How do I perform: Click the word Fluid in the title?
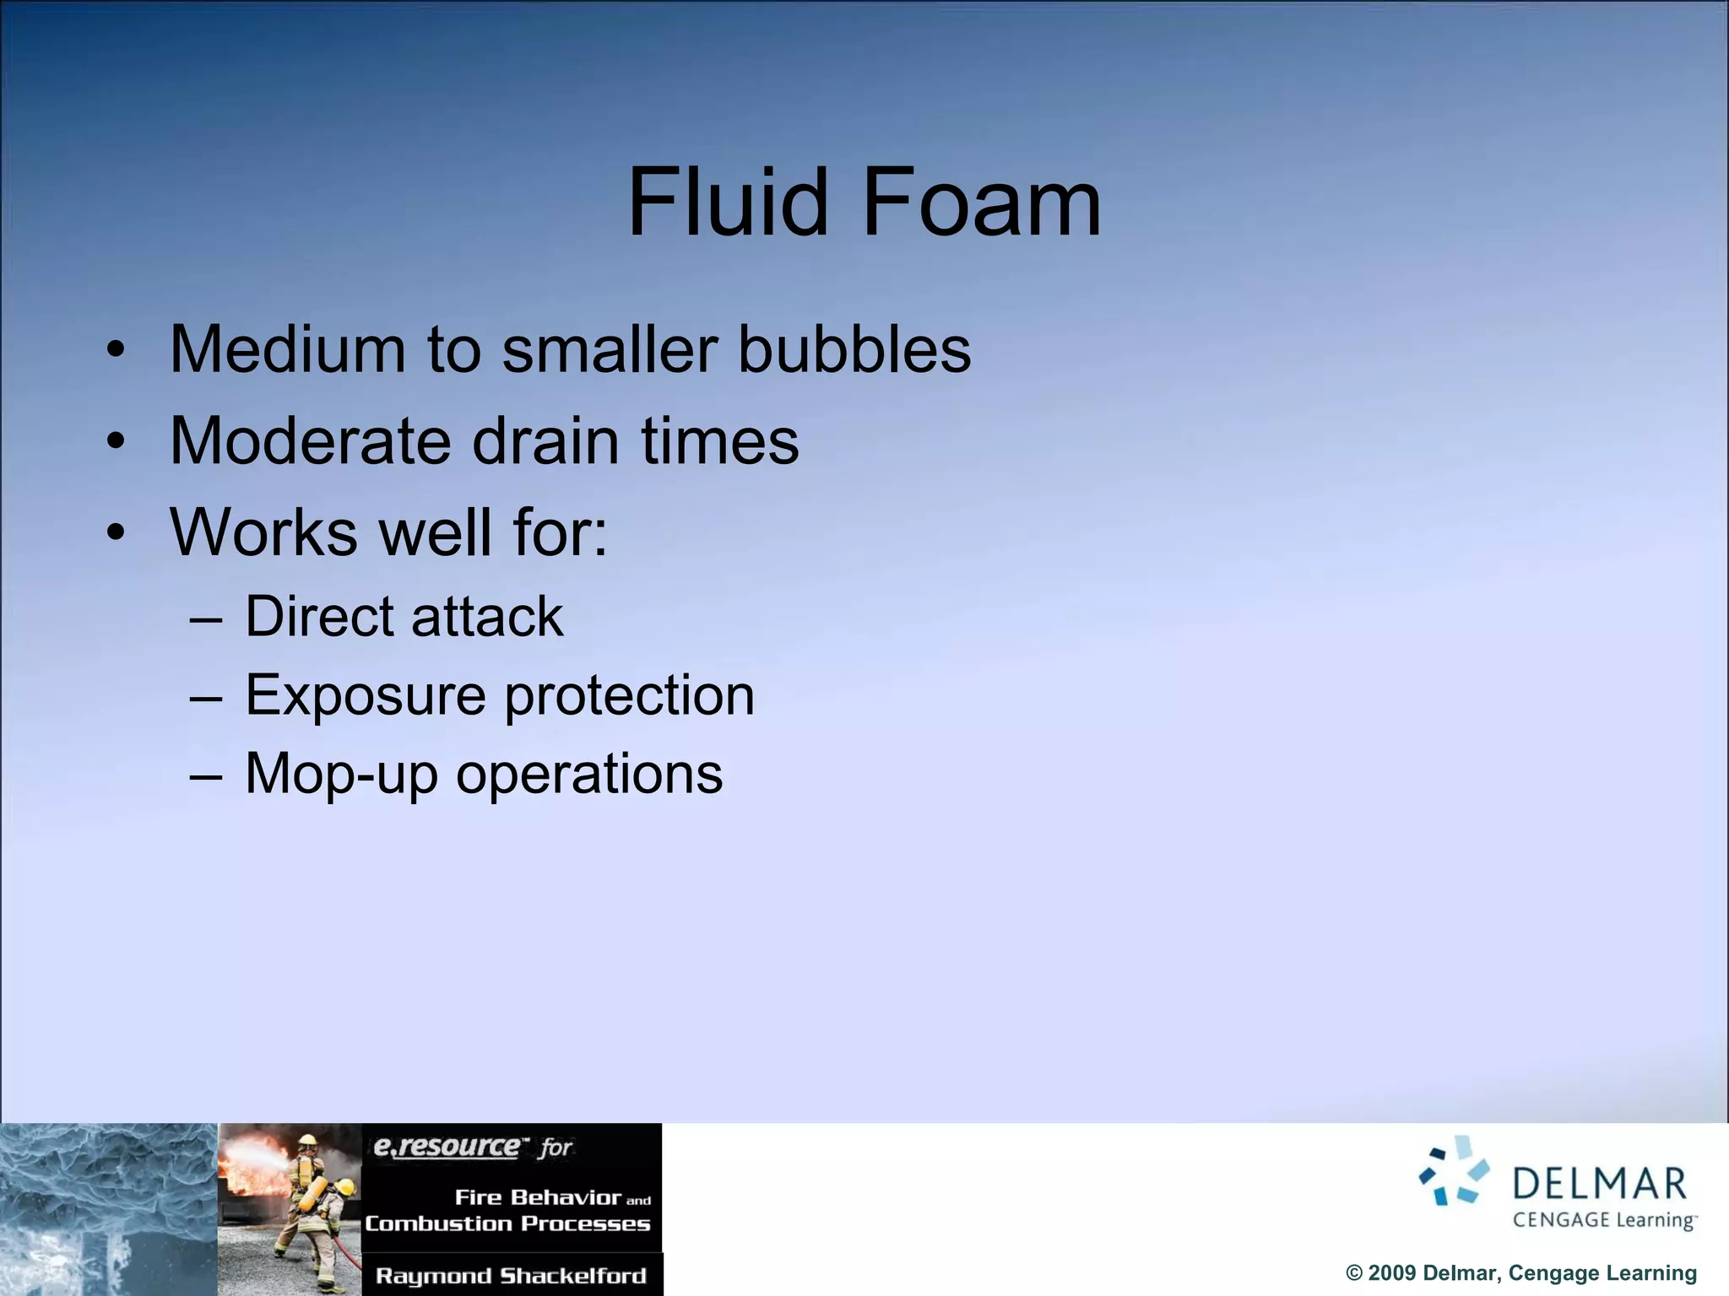pos(729,202)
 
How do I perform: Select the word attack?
pos(487,616)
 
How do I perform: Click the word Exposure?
pos(365,695)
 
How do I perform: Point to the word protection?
pos(629,697)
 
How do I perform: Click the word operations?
pos(589,775)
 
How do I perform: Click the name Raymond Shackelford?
pos(511,1275)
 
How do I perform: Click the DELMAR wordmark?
pos(1599,1184)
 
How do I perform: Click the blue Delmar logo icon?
pos(1454,1171)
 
